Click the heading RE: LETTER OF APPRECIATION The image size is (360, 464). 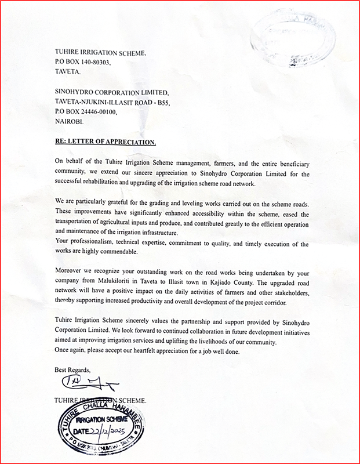pos(106,141)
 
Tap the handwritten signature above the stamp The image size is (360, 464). pos(86,383)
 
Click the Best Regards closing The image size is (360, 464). pos(73,369)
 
